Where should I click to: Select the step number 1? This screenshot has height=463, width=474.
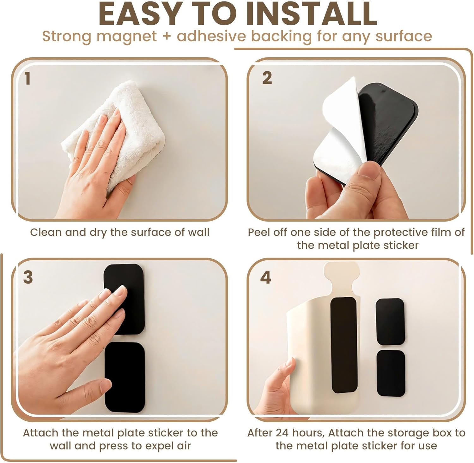click(27, 78)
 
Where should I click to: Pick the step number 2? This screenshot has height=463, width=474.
click(267, 78)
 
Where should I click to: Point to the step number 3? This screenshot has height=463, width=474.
click(28, 277)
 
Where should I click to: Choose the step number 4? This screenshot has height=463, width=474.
click(265, 277)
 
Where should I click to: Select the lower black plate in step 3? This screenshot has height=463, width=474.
click(125, 377)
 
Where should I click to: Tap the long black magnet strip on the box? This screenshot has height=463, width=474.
click(344, 345)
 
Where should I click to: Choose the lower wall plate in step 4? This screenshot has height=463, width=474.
click(391, 373)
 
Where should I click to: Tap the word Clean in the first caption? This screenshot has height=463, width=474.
click(46, 232)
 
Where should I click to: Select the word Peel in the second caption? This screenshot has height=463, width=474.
click(258, 232)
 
